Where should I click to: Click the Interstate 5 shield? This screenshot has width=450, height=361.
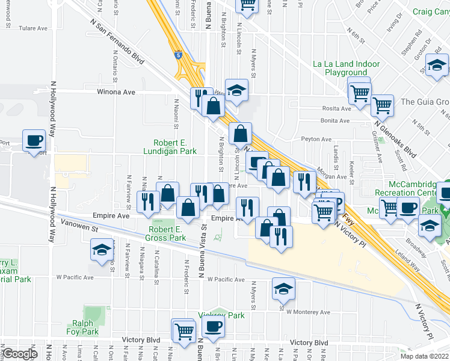click(178, 55)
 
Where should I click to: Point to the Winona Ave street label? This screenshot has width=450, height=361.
click(115, 92)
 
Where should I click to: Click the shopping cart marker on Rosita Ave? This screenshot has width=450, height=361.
click(383, 105)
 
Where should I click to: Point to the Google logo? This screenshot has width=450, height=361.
click(19, 354)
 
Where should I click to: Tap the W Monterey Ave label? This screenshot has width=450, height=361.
click(308, 312)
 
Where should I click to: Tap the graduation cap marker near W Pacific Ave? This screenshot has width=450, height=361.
click(283, 289)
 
